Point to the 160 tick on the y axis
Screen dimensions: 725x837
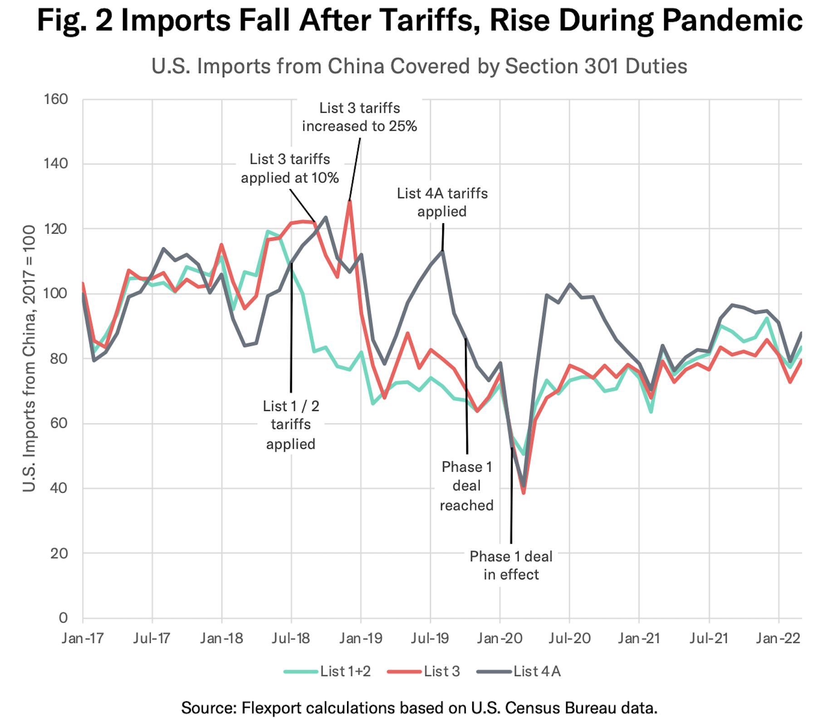[56, 99]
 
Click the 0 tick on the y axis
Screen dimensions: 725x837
[63, 617]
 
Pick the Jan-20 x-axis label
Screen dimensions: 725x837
[499, 638]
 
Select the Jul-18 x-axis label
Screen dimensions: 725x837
[291, 638]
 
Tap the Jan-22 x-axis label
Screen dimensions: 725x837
[778, 638]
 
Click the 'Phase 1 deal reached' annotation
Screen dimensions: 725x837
[466, 486]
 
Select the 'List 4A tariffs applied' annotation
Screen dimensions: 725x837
[442, 202]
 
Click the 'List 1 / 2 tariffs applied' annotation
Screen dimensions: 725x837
[291, 425]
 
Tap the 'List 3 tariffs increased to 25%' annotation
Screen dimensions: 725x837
[360, 117]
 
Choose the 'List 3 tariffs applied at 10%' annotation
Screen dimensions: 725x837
[290, 168]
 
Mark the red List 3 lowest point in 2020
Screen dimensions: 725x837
[524, 493]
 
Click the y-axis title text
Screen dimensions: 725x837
[29, 358]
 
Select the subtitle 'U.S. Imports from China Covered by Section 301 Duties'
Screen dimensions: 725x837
[419, 66]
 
